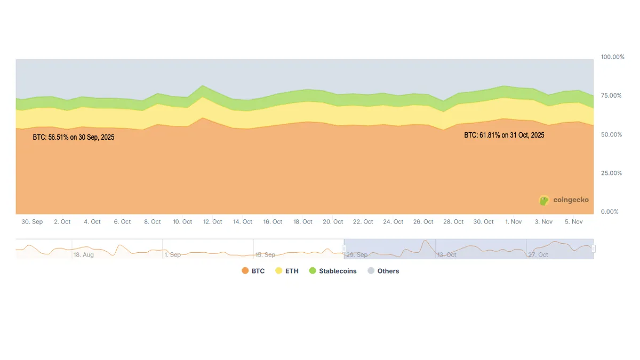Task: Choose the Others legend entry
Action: click(x=383, y=271)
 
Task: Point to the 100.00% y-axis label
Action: click(x=612, y=57)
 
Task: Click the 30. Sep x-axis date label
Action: click(x=32, y=222)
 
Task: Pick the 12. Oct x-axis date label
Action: click(x=213, y=222)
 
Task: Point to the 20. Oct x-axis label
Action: click(x=333, y=222)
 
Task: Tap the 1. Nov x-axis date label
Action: click(x=514, y=222)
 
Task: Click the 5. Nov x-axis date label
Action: click(x=574, y=222)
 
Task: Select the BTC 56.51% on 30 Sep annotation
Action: click(x=74, y=137)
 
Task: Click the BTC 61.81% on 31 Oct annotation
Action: click(x=504, y=135)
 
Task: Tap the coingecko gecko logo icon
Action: click(x=544, y=201)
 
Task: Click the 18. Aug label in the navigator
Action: click(x=84, y=255)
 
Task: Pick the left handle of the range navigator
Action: click(x=344, y=249)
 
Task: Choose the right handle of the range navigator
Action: click(x=593, y=249)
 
